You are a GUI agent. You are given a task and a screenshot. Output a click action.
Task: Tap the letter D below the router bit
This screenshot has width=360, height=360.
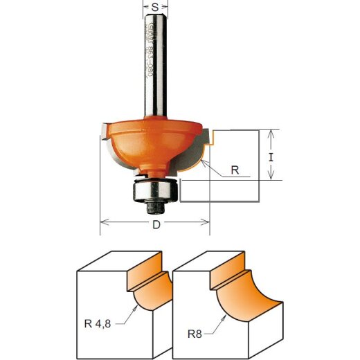(x=156, y=226)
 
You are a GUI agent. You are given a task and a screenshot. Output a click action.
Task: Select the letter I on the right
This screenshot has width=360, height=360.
(x=271, y=156)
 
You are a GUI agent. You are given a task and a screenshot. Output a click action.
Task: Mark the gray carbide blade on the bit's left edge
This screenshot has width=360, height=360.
(x=102, y=129)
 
